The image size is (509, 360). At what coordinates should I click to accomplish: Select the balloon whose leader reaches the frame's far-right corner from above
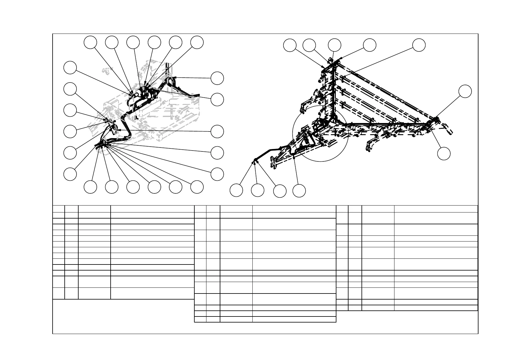[465, 91]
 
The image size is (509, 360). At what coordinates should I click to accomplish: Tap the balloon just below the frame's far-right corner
[444, 154]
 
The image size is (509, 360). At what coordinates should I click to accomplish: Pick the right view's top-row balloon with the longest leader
[419, 45]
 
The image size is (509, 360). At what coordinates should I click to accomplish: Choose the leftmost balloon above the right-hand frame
[290, 45]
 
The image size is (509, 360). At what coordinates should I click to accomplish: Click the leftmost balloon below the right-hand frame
[236, 190]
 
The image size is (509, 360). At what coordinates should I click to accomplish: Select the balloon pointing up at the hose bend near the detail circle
[299, 191]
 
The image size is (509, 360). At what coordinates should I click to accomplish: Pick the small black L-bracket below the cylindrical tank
[136, 117]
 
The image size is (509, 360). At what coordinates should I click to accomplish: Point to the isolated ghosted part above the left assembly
[106, 71]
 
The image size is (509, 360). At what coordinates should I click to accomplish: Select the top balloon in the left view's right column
[217, 78]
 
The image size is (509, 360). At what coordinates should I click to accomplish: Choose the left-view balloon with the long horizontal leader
[217, 131]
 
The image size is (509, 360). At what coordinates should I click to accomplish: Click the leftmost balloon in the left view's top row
[90, 42]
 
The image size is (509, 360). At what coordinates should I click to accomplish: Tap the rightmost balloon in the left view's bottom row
[197, 187]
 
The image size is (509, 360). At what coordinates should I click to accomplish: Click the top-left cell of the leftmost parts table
[59, 209]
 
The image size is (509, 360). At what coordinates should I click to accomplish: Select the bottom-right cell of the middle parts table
[294, 319]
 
